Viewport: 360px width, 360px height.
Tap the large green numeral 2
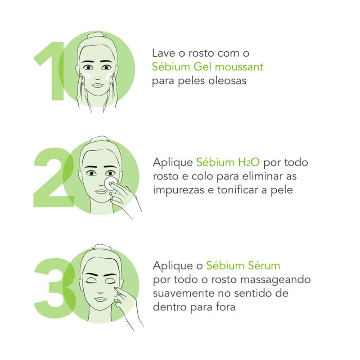[x=54, y=178]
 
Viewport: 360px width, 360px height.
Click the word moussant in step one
[x=239, y=67]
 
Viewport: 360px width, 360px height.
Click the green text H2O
[x=248, y=162]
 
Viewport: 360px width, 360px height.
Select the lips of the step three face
[x=100, y=300]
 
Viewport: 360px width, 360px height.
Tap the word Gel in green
[x=203, y=67]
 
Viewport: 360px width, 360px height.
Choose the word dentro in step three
[x=170, y=307]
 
